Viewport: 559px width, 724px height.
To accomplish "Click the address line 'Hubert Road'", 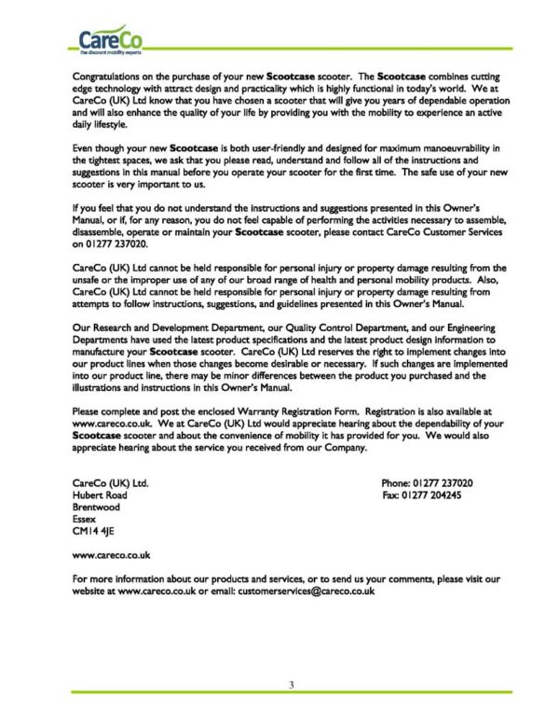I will point(100,495).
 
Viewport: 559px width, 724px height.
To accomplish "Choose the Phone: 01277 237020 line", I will point(428,483).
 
